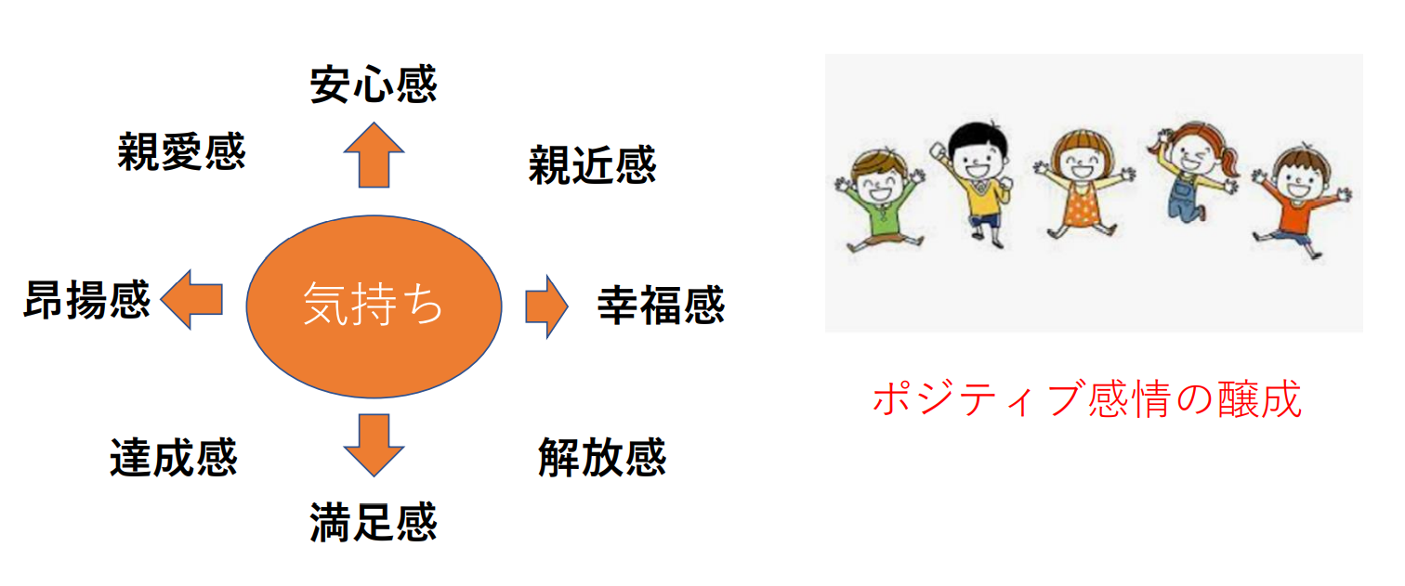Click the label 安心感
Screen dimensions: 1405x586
374,84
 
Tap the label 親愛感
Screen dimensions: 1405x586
181,151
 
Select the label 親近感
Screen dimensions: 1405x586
592,164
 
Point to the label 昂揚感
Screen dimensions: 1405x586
87,300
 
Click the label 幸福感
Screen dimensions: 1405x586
661,306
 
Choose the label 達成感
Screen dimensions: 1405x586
174,458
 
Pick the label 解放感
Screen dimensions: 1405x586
602,458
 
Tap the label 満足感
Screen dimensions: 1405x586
374,522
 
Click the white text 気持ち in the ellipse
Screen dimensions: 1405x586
374,305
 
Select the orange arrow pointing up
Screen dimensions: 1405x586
374,155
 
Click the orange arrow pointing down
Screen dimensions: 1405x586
374,445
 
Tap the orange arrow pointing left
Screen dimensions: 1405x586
192,300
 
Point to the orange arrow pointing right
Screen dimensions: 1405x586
547,306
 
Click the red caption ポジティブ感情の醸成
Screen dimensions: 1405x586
1087,398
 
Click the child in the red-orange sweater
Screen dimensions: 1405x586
1302,201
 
